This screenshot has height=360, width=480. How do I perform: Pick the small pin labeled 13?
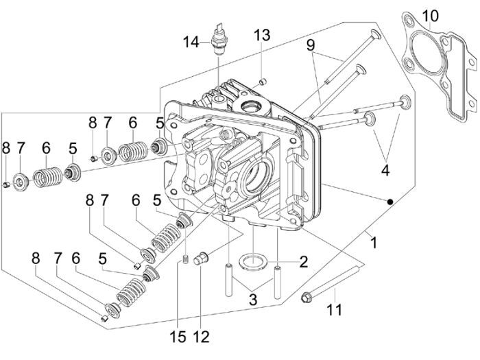click(263, 82)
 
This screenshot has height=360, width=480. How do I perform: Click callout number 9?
click(311, 46)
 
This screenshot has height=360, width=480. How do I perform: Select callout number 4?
click(386, 170)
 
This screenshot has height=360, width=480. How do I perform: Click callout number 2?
click(303, 261)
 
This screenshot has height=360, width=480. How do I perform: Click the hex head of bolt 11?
click(307, 297)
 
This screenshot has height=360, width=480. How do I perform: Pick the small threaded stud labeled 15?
click(184, 258)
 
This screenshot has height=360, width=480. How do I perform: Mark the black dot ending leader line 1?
click(389, 202)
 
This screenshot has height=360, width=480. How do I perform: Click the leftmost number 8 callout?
click(6, 147)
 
